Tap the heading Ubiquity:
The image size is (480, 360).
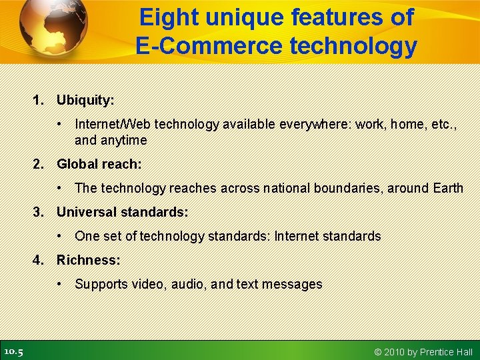click(x=85, y=100)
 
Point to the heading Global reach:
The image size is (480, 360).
click(x=99, y=163)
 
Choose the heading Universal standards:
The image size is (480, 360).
click(x=122, y=212)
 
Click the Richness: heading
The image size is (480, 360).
click(x=88, y=260)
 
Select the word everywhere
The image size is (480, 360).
click(x=321, y=124)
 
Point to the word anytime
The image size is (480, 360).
click(x=123, y=140)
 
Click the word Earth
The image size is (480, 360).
click(x=447, y=188)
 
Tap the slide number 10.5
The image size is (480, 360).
click(x=13, y=351)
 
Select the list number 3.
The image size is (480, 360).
click(x=39, y=212)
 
